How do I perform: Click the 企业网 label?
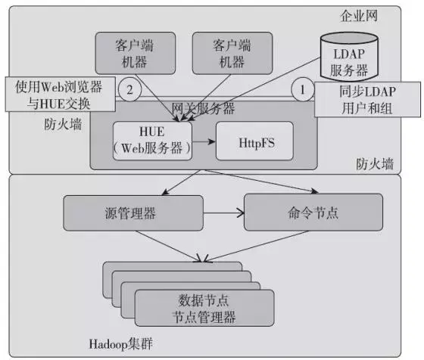[x=358, y=16]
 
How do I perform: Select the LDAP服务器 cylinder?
[x=349, y=57]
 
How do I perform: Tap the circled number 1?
[x=303, y=89]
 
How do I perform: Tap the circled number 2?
[x=129, y=89]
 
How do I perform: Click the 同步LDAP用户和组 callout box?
[x=367, y=99]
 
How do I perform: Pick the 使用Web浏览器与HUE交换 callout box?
[x=61, y=95]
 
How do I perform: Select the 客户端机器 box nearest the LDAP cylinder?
[x=232, y=53]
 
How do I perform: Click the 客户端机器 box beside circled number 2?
[x=136, y=53]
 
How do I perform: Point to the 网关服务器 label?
[x=204, y=109]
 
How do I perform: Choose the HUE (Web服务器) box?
[x=152, y=141]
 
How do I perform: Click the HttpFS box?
[x=254, y=141]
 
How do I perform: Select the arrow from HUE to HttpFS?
[x=204, y=141]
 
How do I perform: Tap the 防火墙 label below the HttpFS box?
[x=375, y=164]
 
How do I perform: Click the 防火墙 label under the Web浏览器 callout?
[x=63, y=125]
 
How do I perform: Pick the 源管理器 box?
[x=133, y=213]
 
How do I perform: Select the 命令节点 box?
[x=313, y=213]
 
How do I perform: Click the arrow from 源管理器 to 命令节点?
[x=223, y=213]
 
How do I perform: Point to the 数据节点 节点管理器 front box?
[x=204, y=308]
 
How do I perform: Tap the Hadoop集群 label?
[x=121, y=344]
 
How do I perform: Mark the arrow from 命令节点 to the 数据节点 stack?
[x=256, y=246]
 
